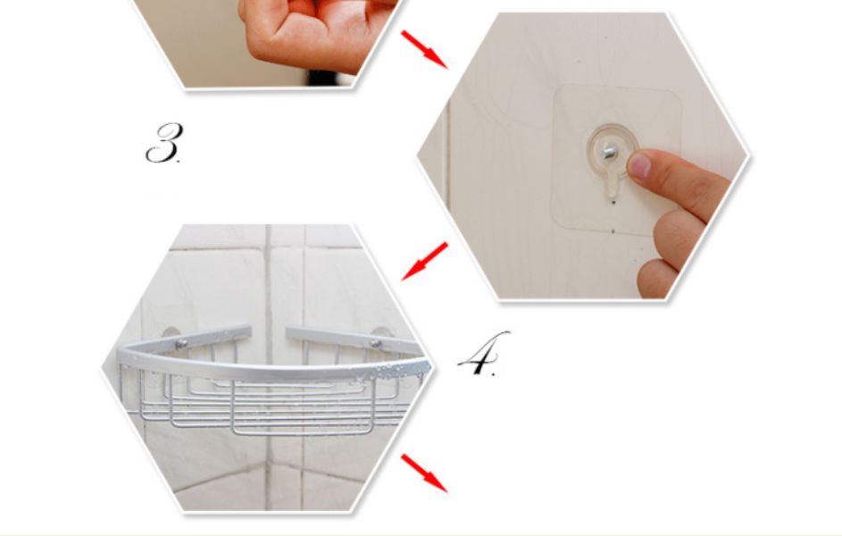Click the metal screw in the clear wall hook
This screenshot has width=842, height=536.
tap(610, 153)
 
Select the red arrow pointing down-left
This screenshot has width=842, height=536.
tap(424, 262)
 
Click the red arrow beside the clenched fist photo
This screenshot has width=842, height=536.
tap(424, 50)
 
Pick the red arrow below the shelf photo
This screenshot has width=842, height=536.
tap(424, 473)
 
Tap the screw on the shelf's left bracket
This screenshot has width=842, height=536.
tap(181, 344)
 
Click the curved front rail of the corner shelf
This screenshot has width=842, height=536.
tap(269, 370)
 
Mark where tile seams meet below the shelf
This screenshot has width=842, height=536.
tap(267, 466)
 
